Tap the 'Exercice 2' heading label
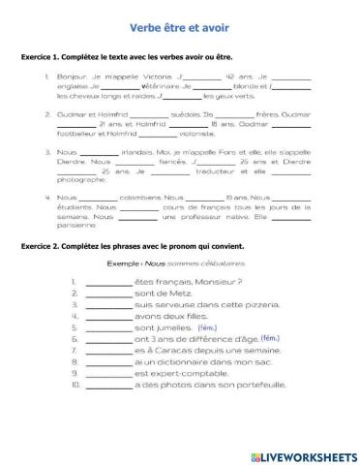pyautogui.click(x=43, y=246)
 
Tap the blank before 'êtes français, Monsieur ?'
pyautogui.click(x=107, y=282)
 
